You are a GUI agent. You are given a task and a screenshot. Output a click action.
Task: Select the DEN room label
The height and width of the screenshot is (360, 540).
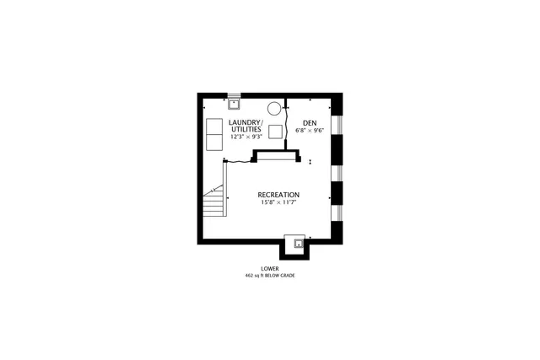(x=310, y=123)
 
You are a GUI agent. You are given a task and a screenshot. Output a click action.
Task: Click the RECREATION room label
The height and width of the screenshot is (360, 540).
(x=278, y=195)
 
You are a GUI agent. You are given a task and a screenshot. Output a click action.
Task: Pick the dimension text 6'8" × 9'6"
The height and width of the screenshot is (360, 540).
(x=310, y=131)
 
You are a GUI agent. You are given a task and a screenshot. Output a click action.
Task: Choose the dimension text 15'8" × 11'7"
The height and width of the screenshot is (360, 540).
(x=278, y=203)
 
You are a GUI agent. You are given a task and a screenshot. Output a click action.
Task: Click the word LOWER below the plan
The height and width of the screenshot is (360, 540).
(x=270, y=268)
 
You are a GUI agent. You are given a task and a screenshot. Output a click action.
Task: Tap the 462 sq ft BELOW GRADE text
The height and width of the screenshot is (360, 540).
(x=270, y=276)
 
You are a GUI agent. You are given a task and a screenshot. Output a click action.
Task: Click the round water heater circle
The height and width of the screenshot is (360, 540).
(x=274, y=108)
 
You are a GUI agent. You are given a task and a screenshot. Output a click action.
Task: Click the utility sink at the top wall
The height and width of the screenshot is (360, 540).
(x=234, y=105)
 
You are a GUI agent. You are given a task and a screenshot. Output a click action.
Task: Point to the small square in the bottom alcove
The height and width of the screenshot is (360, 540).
(x=297, y=244)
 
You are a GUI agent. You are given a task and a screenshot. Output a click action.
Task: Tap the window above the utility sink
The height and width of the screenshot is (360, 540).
(x=234, y=95)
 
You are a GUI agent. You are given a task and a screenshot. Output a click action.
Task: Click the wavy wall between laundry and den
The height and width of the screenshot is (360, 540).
(x=288, y=126)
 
